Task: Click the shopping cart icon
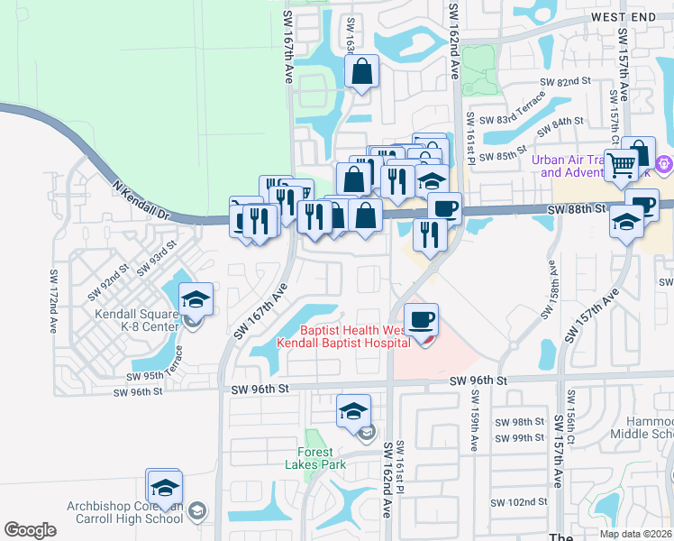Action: pyautogui.click(x=621, y=165)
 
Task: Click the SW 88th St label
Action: pyautogui.click(x=577, y=208)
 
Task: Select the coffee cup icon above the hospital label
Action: pyautogui.click(x=422, y=318)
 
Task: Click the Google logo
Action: pyautogui.click(x=30, y=529)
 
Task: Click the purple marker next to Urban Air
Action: pyautogui.click(x=664, y=164)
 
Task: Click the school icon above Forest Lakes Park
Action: pyautogui.click(x=354, y=410)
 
